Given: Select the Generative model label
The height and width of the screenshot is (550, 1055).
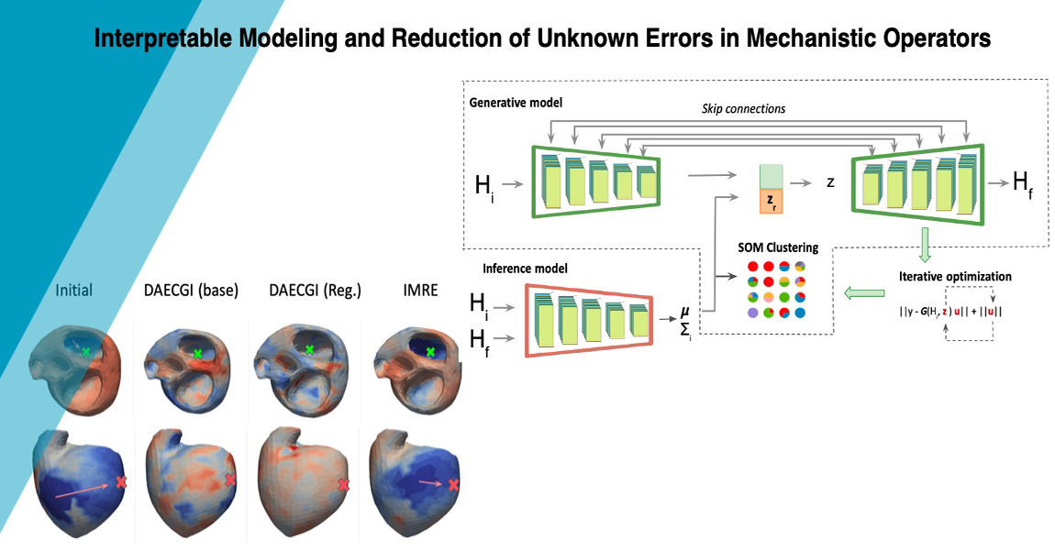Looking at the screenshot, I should pyautogui.click(x=515, y=103).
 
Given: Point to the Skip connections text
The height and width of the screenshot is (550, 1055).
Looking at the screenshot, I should pyautogui.click(x=744, y=108).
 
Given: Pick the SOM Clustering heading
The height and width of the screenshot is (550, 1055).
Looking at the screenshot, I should pyautogui.click(x=778, y=247).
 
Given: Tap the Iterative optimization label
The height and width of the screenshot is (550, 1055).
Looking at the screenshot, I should pyautogui.click(x=954, y=276).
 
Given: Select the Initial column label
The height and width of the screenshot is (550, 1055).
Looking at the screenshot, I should pyautogui.click(x=74, y=291).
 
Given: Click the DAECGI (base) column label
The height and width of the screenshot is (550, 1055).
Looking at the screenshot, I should pyautogui.click(x=191, y=291).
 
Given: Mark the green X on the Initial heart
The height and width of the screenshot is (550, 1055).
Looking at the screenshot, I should pyautogui.click(x=86, y=351).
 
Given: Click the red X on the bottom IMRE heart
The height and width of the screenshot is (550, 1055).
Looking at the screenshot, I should pyautogui.click(x=453, y=487).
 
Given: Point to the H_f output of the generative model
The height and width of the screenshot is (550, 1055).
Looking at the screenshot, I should pyautogui.click(x=1023, y=182).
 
